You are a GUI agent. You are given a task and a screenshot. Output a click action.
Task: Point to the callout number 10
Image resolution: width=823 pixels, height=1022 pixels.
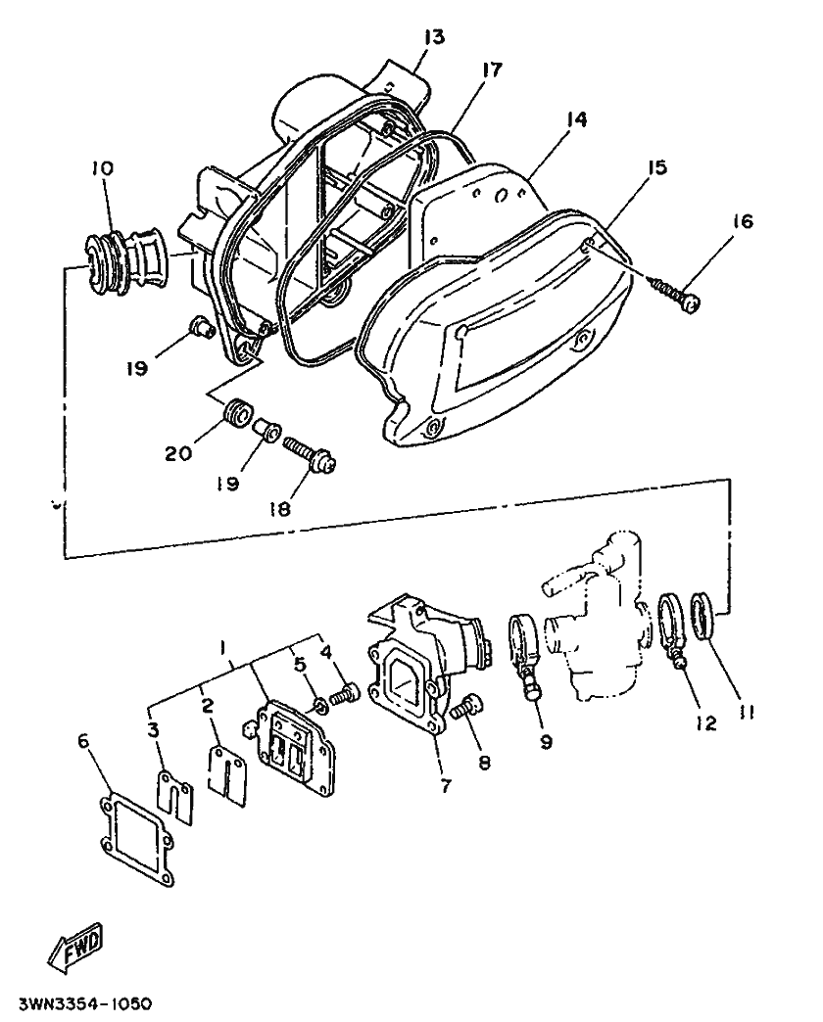click(x=103, y=168)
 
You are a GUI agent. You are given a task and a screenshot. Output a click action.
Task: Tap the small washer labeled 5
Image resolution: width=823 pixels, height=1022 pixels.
click(x=320, y=705)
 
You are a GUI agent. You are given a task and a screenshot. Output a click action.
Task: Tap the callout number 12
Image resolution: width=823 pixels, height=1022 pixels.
click(x=705, y=722)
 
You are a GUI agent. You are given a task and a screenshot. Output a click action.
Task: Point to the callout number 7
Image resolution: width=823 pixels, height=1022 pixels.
click(x=446, y=786)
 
